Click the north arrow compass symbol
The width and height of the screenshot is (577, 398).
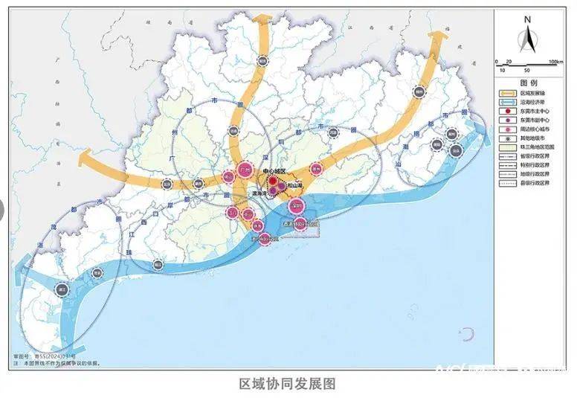click(x=526, y=35)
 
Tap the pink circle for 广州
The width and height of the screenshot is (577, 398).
click(x=245, y=170)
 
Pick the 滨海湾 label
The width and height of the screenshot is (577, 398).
click(x=260, y=192)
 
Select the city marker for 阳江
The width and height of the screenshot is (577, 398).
click(x=158, y=263)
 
